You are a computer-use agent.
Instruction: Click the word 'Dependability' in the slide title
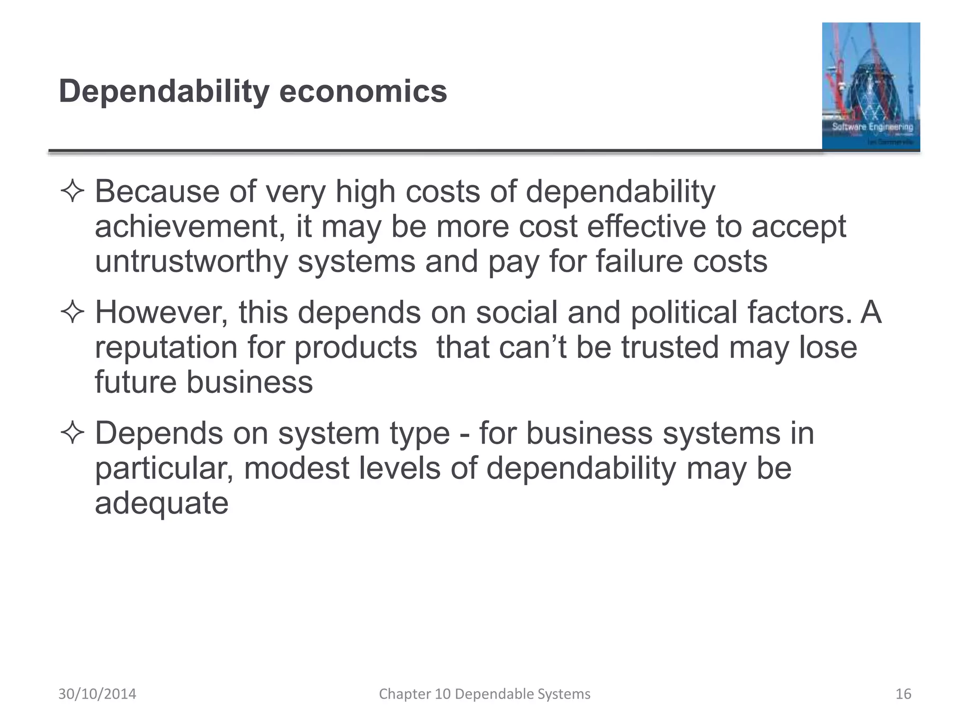coord(164,92)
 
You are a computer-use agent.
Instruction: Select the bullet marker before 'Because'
coord(72,192)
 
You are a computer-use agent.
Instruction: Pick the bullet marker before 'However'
coord(72,313)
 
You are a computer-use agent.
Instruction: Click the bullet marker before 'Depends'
coord(72,434)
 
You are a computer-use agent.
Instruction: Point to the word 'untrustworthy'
coord(191,262)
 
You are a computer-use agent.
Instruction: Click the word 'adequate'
coord(162,503)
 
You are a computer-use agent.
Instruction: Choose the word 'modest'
coord(296,468)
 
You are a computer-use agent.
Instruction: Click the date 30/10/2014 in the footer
coord(97,694)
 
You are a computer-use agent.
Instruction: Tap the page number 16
coord(903,694)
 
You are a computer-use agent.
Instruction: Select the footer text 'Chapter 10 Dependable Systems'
coord(485,694)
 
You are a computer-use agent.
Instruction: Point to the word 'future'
coord(135,382)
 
